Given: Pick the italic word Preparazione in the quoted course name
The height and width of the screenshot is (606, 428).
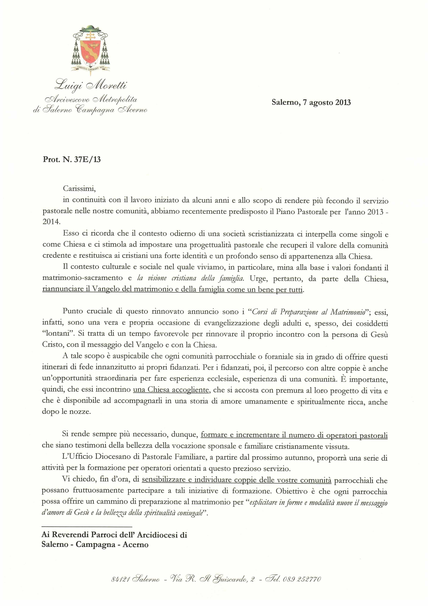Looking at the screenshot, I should (x=299, y=312).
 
